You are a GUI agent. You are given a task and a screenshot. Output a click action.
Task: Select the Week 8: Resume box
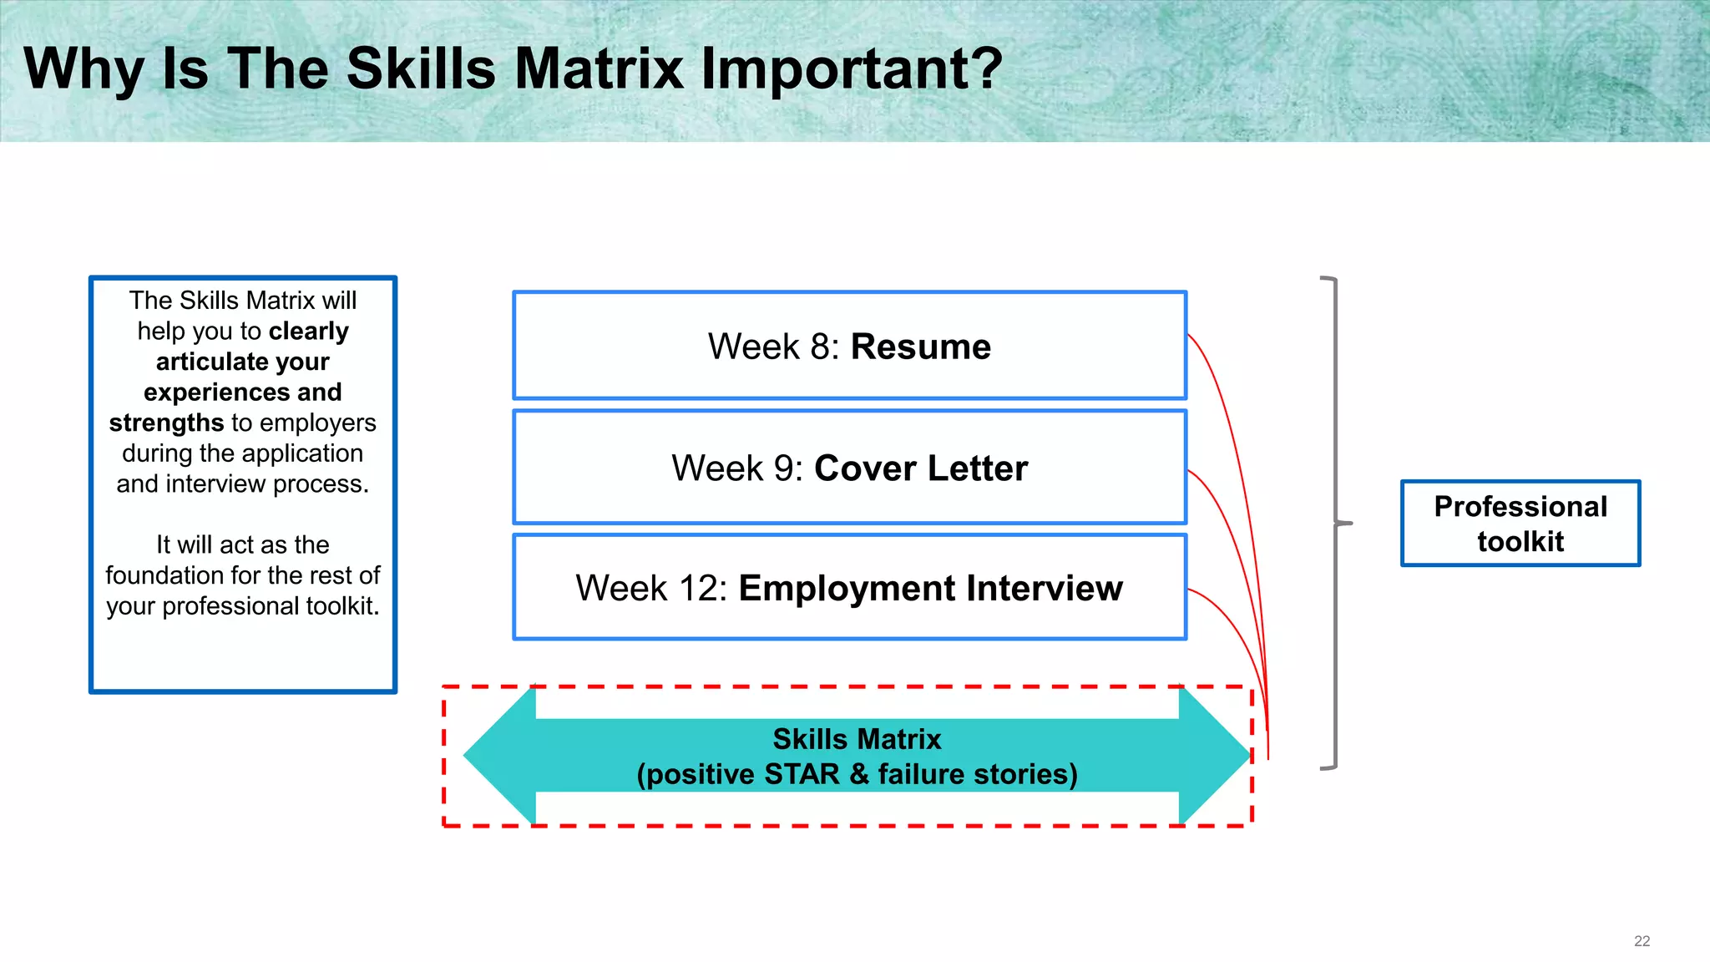point(849,346)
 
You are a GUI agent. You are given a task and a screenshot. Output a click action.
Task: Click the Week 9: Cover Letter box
point(849,468)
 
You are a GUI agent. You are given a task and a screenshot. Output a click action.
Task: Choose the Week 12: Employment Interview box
point(849,588)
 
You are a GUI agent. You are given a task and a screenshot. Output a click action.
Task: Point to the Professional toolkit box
point(1520,524)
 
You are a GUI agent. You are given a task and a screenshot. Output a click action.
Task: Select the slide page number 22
point(1642,941)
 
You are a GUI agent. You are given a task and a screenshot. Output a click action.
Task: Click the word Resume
point(920,347)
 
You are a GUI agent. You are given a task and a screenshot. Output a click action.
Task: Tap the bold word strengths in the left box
point(166,423)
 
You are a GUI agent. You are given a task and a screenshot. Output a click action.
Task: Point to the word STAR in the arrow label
point(802,774)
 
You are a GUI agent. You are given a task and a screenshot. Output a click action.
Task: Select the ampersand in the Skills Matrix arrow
point(859,774)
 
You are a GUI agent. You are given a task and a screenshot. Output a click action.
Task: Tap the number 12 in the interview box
point(696,589)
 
